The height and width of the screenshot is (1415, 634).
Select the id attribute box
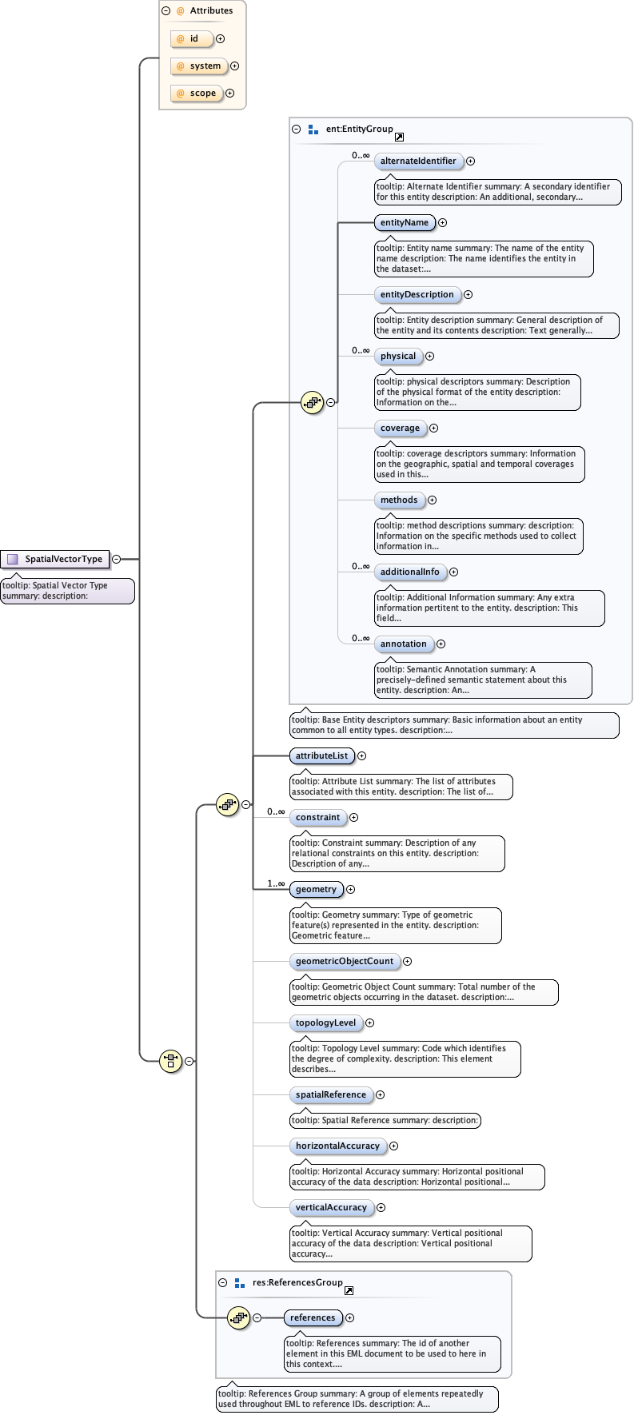coord(192,38)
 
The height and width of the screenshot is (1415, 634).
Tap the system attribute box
coord(199,66)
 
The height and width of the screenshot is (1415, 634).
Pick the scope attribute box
coord(197,94)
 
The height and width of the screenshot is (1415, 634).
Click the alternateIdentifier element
coord(417,161)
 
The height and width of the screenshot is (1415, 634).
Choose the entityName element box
coord(404,223)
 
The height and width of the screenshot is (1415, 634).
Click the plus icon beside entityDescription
coord(469,295)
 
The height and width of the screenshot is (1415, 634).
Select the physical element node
coord(397,357)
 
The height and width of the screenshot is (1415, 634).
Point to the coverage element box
coord(400,428)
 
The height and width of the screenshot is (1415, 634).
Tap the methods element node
coord(398,500)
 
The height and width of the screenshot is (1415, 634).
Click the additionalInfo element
coord(409,572)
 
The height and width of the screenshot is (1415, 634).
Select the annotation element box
coord(403,644)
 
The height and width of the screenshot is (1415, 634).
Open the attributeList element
coord(321,755)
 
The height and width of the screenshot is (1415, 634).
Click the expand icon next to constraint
coord(354,818)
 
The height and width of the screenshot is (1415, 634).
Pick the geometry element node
coord(316,890)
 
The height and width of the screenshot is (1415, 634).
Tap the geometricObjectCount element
coord(344,962)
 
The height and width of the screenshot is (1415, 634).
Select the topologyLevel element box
coord(325,1023)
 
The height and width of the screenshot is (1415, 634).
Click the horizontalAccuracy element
coord(337,1146)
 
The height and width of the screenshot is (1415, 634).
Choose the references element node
coord(313,1318)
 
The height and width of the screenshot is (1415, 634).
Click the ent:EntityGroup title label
coord(359,129)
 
